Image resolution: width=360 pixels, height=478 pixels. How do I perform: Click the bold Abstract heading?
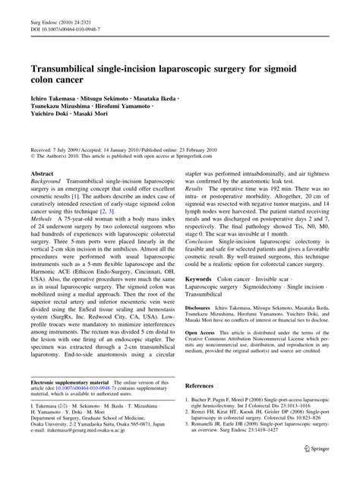point(41,174)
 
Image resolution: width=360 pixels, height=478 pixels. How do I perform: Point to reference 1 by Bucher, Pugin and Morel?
point(258,423)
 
